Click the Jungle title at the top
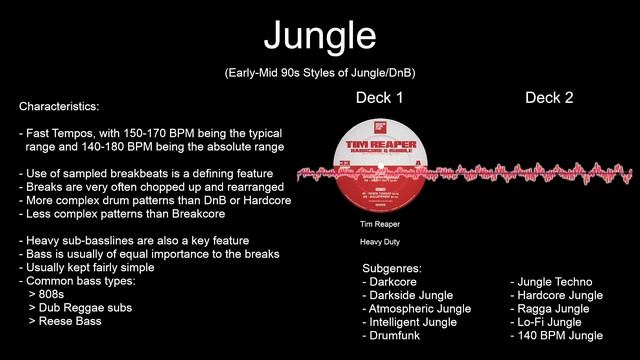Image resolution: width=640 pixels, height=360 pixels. click(x=320, y=36)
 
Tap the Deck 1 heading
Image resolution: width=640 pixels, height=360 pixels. click(x=379, y=98)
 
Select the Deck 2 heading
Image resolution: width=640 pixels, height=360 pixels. click(x=549, y=98)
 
